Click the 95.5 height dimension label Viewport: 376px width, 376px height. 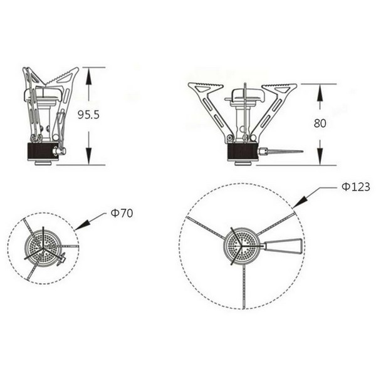coord(88,115)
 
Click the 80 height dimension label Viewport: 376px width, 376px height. coord(320,123)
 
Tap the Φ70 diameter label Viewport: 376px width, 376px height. coord(122,213)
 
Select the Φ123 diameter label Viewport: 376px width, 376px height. coord(356,187)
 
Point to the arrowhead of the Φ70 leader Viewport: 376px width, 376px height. coord(83,226)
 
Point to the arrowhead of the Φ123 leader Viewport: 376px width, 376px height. coord(300,202)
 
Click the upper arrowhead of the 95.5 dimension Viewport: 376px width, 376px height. coord(89,76)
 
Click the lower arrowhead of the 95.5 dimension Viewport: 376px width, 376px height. coord(89,156)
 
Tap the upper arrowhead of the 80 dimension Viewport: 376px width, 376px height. coord(320,92)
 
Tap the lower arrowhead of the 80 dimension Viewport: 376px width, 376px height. coord(320,157)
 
